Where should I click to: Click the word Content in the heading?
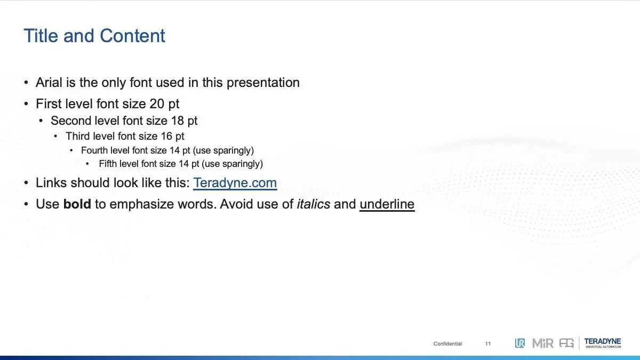132,36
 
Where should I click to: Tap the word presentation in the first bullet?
263,83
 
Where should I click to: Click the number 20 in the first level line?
157,103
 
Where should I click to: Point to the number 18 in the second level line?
178,121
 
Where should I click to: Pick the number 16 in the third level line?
166,137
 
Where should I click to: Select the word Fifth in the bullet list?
108,164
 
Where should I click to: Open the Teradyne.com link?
235,183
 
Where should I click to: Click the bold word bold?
77,204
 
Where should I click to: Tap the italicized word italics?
314,204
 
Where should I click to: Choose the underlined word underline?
387,205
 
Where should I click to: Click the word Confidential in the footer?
447,343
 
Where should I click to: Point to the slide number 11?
487,343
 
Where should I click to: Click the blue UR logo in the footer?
519,343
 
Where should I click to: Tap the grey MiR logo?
542,343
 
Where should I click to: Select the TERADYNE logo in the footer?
603,342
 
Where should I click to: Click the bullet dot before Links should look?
26,183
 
